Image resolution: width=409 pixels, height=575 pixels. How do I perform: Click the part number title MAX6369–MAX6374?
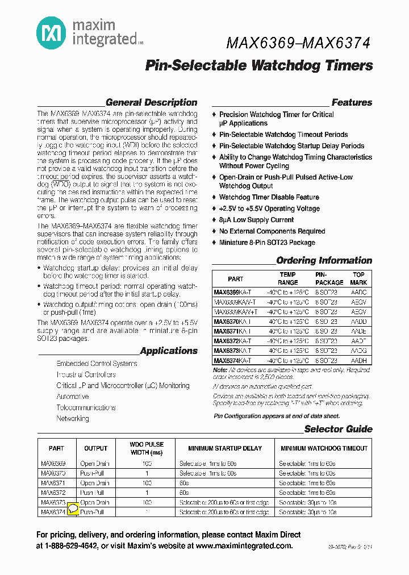point(298,43)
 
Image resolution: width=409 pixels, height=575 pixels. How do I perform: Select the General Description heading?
point(151,103)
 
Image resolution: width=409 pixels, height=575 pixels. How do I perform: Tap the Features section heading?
point(352,103)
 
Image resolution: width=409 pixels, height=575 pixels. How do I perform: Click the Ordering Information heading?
point(324,261)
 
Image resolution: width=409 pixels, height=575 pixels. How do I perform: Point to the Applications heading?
point(169,351)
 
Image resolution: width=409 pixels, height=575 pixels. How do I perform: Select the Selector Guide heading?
point(338,430)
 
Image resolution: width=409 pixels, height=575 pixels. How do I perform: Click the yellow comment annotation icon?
point(73,509)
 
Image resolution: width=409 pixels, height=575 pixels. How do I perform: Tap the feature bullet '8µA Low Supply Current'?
point(256,220)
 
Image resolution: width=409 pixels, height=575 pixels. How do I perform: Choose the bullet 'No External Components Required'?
point(272,231)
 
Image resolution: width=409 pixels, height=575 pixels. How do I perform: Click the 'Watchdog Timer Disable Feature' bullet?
point(269,197)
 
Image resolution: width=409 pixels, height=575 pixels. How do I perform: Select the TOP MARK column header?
point(358,278)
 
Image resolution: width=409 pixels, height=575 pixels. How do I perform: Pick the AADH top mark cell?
point(358,360)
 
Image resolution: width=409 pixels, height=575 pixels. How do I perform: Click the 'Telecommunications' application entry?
point(86,407)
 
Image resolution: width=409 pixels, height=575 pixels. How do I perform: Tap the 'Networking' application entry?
point(73,419)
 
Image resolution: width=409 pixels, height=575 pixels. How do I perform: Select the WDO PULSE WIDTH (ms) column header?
point(147,448)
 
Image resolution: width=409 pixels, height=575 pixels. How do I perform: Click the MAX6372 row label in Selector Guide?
point(53,493)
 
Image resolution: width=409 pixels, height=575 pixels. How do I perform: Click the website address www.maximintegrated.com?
point(244,546)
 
